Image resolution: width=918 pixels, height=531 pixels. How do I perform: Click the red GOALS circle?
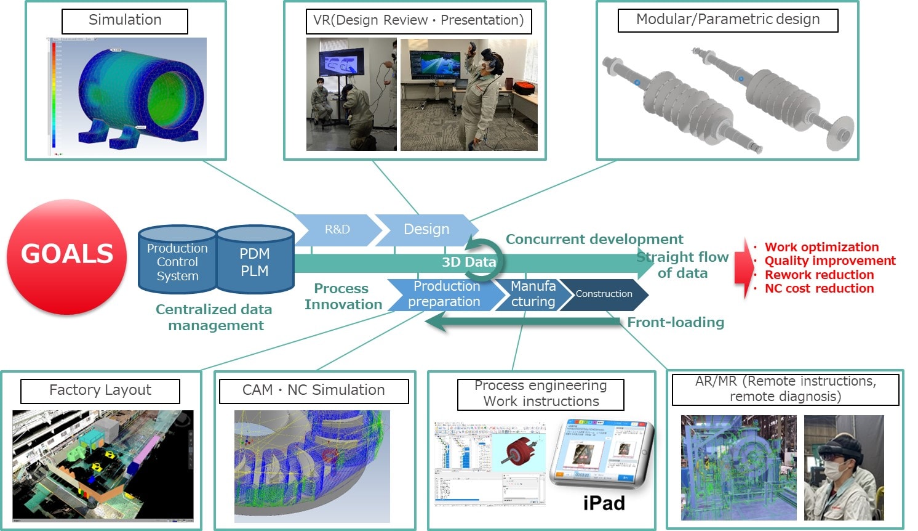click(67, 256)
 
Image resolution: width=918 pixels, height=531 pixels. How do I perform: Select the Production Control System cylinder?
click(177, 261)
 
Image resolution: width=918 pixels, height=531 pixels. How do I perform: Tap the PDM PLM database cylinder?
click(255, 261)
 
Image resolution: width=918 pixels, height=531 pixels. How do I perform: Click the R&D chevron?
click(337, 230)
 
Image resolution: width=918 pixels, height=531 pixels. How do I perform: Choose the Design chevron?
click(426, 230)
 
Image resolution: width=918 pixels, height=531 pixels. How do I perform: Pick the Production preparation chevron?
click(445, 294)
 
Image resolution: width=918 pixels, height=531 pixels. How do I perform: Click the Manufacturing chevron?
click(533, 294)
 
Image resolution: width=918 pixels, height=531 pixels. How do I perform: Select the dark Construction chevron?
click(604, 294)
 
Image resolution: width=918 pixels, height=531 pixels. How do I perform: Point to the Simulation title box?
click(125, 20)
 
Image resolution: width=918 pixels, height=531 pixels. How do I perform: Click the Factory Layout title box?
click(100, 391)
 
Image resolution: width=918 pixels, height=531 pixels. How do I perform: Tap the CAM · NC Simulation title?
click(314, 391)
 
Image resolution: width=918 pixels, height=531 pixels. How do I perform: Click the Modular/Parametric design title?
click(728, 20)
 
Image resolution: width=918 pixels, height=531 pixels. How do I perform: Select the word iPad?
click(604, 503)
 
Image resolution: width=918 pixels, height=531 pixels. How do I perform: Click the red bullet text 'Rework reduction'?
click(819, 275)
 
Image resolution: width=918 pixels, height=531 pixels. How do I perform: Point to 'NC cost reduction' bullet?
click(819, 288)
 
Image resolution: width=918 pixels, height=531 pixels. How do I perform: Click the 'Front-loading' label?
click(676, 322)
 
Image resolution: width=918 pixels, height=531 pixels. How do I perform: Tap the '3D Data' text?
click(469, 262)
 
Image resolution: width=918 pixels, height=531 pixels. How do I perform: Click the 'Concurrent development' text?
click(594, 239)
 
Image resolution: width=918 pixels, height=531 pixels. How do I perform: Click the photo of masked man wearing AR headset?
click(844, 467)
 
